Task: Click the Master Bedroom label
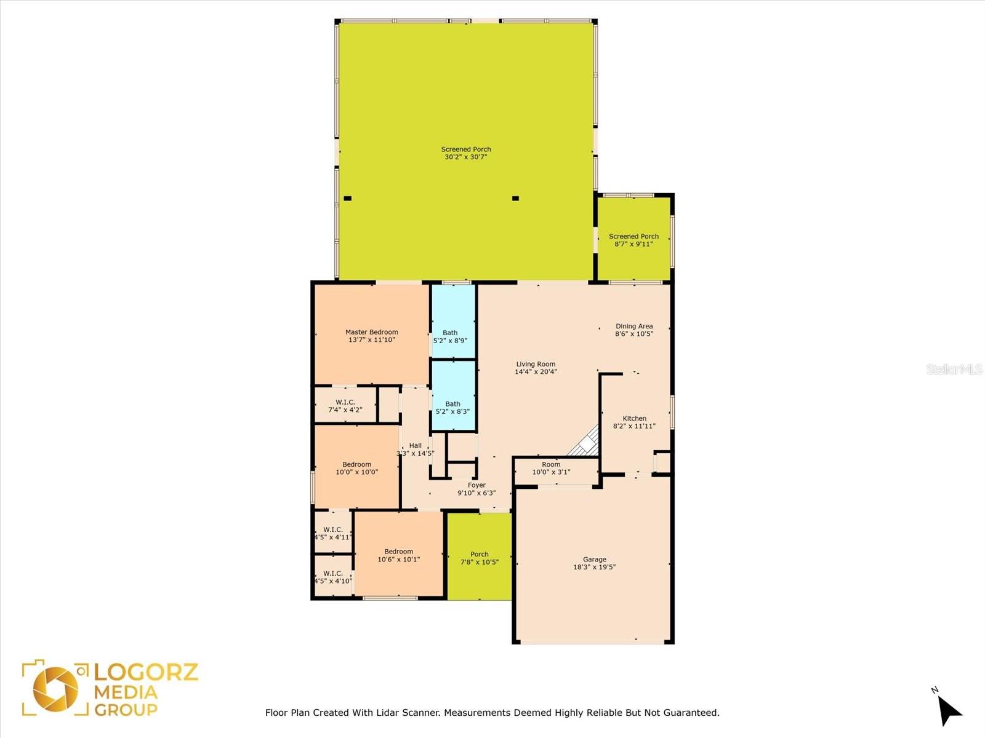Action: coord(372,332)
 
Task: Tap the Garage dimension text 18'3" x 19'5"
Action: coord(595,567)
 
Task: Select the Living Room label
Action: coord(536,364)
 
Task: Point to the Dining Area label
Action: coord(634,326)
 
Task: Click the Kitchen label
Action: coord(635,418)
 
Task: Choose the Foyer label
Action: coord(476,485)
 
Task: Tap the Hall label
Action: coord(416,445)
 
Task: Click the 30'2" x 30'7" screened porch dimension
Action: coord(466,157)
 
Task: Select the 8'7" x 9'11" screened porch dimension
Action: coord(633,244)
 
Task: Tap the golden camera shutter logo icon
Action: coord(55,689)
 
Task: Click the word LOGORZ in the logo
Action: coord(146,672)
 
